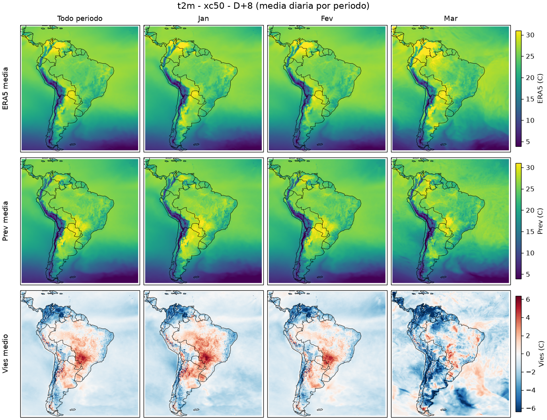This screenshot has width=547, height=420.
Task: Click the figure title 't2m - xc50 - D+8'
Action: point(215,6)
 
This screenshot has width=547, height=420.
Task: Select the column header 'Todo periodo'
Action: point(80,19)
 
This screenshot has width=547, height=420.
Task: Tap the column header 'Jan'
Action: point(203,19)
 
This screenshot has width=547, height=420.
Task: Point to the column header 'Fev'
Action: point(327,19)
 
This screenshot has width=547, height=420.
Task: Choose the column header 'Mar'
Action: point(451,19)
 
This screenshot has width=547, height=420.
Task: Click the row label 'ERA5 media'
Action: point(5,88)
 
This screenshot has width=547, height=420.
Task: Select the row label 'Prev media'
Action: point(5,221)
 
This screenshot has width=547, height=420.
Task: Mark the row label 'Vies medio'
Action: point(5,354)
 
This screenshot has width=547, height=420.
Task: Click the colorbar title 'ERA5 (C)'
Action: point(541,88)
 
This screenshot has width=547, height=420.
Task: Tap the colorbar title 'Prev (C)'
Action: point(541,221)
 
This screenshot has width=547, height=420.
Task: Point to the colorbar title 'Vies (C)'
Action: point(541,354)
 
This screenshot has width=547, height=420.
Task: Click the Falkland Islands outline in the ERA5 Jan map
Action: point(197,144)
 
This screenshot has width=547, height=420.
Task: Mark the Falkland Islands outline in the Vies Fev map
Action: point(320,410)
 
